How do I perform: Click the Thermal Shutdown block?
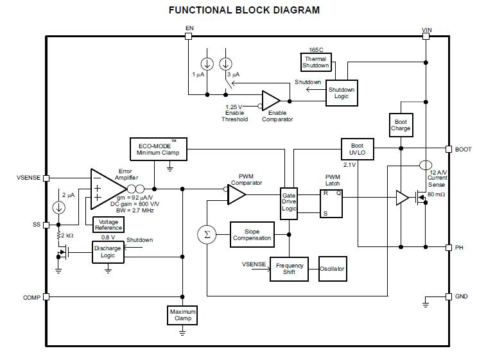tap(315, 62)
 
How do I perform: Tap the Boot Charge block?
tap(401, 124)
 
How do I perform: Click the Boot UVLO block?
tap(356, 150)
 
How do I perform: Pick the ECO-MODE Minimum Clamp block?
tap(158, 149)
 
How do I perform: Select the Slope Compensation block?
tap(252, 234)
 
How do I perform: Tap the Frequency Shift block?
tap(290, 269)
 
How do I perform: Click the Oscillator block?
tap(332, 269)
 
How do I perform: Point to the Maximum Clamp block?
tap(182, 314)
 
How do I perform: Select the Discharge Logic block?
tap(107, 252)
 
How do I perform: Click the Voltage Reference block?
tap(108, 225)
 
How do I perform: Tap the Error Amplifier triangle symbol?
tap(107, 188)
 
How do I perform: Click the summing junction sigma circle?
tap(207, 234)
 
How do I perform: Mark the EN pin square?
tap(188, 37)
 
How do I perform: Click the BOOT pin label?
tap(463, 150)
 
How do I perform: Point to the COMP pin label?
tap(31, 297)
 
